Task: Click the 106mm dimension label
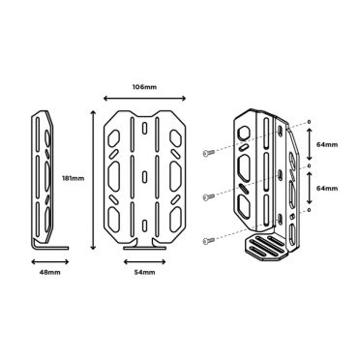coord(144,87)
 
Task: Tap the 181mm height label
coord(73,178)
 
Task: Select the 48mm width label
coord(49,272)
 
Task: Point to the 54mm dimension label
coord(144,272)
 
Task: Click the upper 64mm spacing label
coord(327,144)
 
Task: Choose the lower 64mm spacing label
coord(327,188)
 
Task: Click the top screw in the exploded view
coord(209,153)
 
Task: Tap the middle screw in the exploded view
coord(209,196)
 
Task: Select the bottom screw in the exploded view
coord(209,240)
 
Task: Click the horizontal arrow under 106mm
coord(144,99)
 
